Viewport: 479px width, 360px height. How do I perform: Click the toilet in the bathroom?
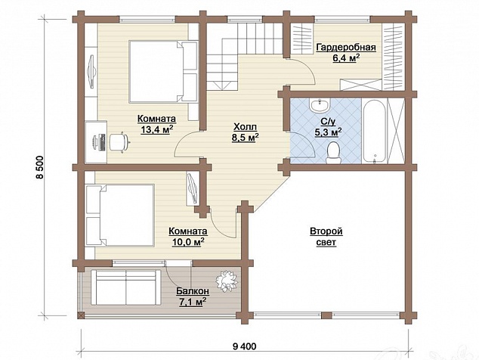tap(332, 153)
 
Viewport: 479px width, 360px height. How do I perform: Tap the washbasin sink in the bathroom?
tap(320, 106)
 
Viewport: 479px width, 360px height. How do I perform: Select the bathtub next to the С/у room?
tap(374, 131)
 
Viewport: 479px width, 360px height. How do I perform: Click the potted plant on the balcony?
tap(227, 281)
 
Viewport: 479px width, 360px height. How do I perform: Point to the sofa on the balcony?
tap(126, 287)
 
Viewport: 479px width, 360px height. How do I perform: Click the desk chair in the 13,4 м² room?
tap(119, 141)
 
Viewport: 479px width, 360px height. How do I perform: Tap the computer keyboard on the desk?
tap(102, 142)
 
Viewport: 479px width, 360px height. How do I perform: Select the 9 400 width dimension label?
tap(244, 346)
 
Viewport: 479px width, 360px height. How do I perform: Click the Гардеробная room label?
tap(346, 48)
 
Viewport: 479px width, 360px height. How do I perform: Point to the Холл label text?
tap(245, 126)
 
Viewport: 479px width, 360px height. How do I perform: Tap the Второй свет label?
tap(326, 237)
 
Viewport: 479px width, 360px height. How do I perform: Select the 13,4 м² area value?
tap(157, 129)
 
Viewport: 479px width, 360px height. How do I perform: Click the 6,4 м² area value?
tap(345, 57)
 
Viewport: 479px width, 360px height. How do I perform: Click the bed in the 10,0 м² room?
tap(119, 215)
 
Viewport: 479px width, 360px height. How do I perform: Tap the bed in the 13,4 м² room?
tap(163, 71)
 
